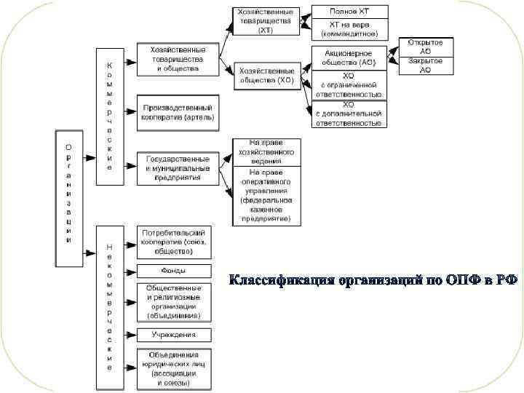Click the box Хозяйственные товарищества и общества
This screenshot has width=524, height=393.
coord(177,59)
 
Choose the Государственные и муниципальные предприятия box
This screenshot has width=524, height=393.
coord(177,168)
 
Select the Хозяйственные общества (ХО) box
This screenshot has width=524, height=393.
coord(266,76)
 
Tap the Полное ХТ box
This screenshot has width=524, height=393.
coord(349,12)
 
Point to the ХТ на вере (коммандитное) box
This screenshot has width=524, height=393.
coord(349,29)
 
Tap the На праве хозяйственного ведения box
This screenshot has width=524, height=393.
coord(266,153)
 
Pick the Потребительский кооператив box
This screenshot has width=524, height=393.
coord(174,241)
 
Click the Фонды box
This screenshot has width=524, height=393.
coord(174,271)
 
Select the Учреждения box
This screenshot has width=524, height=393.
coord(174,335)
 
